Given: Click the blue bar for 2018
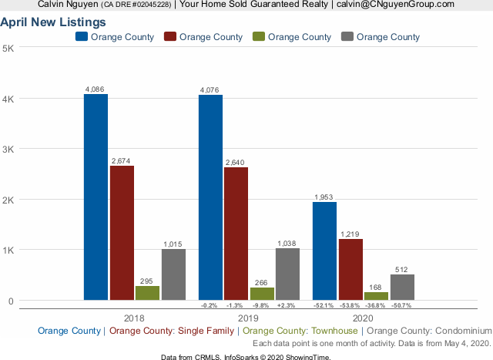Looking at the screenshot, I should coord(96,197).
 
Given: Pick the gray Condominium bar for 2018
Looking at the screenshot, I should coord(173,274).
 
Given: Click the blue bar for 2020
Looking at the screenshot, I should coord(324,251).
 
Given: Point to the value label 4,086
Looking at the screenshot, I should coord(96,89).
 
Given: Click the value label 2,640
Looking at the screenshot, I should coord(236,162).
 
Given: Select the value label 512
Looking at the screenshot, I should coord(402,269).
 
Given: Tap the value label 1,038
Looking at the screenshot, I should coord(287,243).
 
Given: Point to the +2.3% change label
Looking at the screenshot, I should coord(287,305).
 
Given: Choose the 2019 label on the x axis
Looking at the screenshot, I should coord(249,318).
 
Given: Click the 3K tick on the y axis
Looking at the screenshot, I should coord(8,149).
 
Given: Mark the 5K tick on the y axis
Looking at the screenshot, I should coord(8,48).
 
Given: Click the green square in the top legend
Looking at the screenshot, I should coord(259,36).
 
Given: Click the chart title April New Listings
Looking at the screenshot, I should coord(53,22).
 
